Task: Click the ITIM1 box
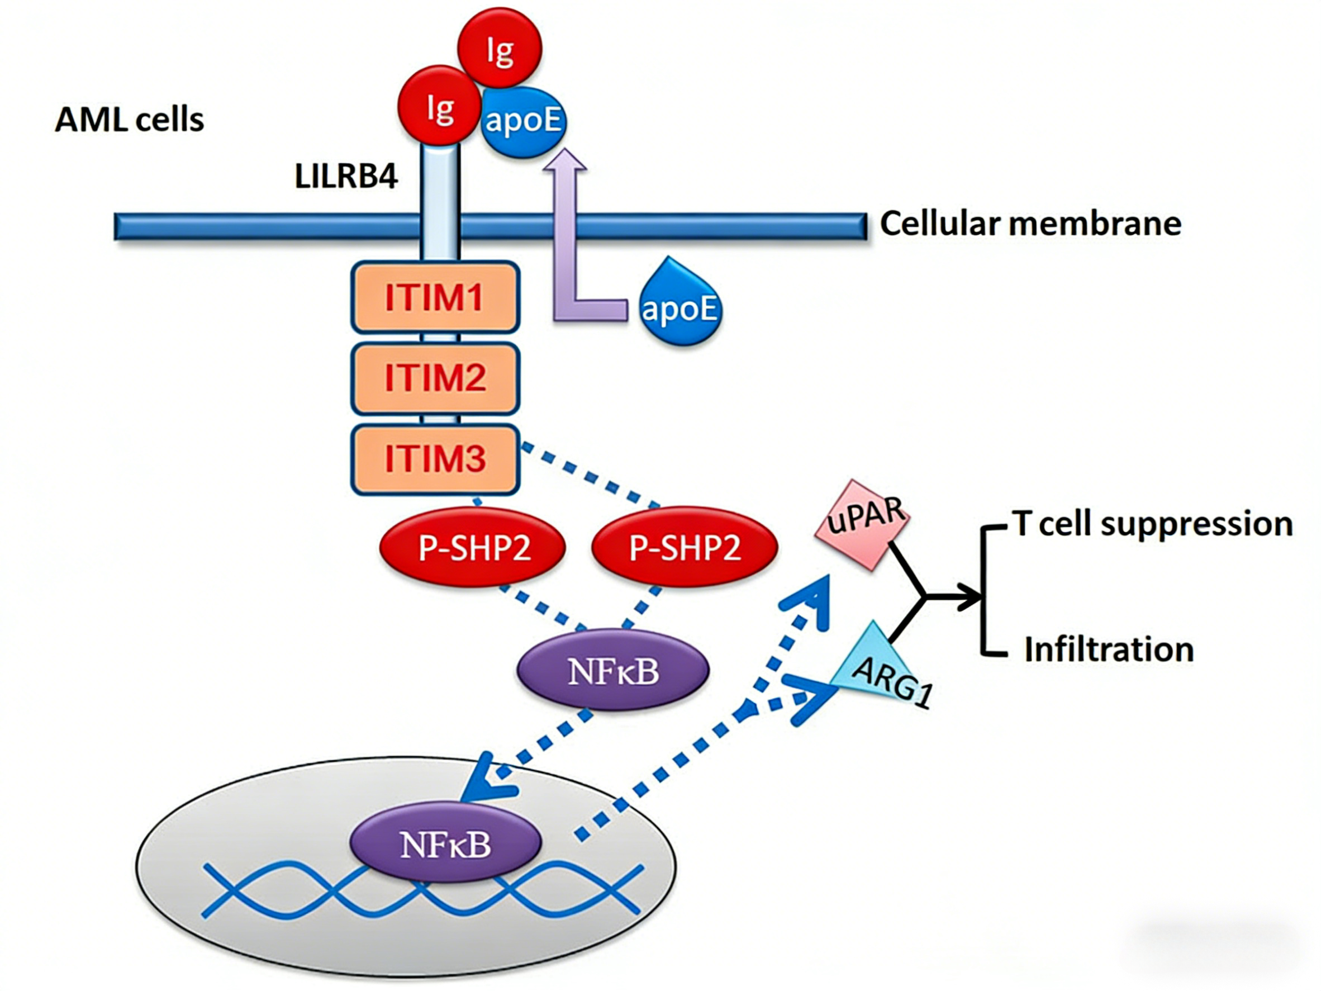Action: point(435,297)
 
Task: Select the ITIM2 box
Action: point(435,378)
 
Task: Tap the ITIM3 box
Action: point(435,459)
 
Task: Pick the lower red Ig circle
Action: point(440,106)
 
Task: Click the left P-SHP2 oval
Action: point(473,547)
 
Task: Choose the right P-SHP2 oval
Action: point(685,547)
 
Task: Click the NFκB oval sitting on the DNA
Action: point(445,845)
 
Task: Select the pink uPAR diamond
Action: point(863,524)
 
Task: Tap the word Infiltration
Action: point(1109,649)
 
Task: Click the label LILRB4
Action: point(346,176)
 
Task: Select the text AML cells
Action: point(130,120)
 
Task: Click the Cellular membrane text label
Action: point(1031,224)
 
